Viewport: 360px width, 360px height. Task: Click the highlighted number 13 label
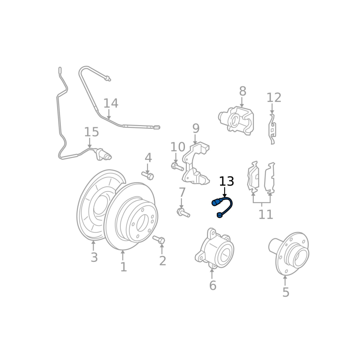[226, 181]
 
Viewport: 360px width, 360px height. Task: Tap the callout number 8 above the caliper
[243, 91]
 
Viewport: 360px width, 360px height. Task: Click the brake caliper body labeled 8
[237, 120]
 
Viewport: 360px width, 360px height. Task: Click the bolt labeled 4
[148, 176]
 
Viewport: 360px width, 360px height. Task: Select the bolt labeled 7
[183, 212]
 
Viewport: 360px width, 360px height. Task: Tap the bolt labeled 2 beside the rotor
[159, 240]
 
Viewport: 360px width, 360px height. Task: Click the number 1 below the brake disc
[123, 267]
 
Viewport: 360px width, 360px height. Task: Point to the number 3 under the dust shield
[94, 257]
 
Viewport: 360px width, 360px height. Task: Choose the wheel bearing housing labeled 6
[215, 249]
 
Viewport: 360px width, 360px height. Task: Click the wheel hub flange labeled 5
[290, 254]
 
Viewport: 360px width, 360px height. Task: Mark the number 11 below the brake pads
[265, 215]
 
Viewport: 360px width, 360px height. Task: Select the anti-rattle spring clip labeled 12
[272, 129]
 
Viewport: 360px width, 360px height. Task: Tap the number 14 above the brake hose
[111, 103]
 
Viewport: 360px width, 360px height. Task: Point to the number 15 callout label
[92, 132]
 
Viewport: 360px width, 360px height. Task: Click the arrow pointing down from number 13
[225, 193]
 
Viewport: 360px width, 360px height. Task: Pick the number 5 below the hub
[286, 292]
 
